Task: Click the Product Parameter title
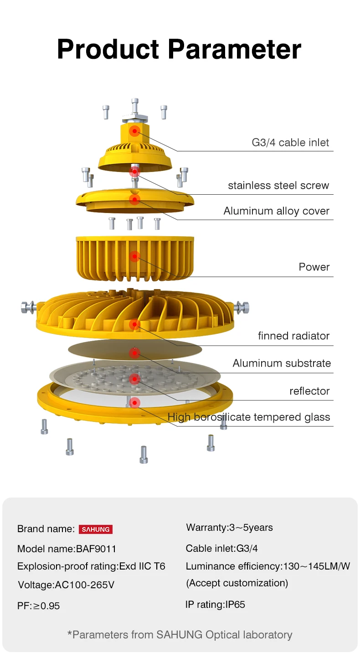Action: (x=179, y=49)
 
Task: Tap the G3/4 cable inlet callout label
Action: (x=290, y=143)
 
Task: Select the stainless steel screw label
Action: (x=278, y=186)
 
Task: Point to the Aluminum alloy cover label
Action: (x=276, y=211)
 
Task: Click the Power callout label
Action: (x=314, y=267)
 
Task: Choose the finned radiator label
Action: (x=293, y=336)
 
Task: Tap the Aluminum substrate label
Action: (x=282, y=363)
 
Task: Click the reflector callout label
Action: (x=309, y=391)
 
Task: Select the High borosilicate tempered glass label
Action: (x=249, y=417)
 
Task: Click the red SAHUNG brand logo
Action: (x=96, y=529)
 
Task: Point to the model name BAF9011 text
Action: (x=63, y=549)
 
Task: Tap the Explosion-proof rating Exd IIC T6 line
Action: (x=91, y=566)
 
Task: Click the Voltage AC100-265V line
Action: (x=66, y=585)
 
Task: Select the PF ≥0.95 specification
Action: (x=39, y=606)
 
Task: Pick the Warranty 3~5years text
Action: (x=229, y=528)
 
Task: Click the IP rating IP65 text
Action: (x=215, y=605)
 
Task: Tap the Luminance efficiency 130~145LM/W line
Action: (x=268, y=566)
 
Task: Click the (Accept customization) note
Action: (x=237, y=583)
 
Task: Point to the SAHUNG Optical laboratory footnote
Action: (x=180, y=635)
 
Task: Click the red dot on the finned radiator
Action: (x=134, y=325)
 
